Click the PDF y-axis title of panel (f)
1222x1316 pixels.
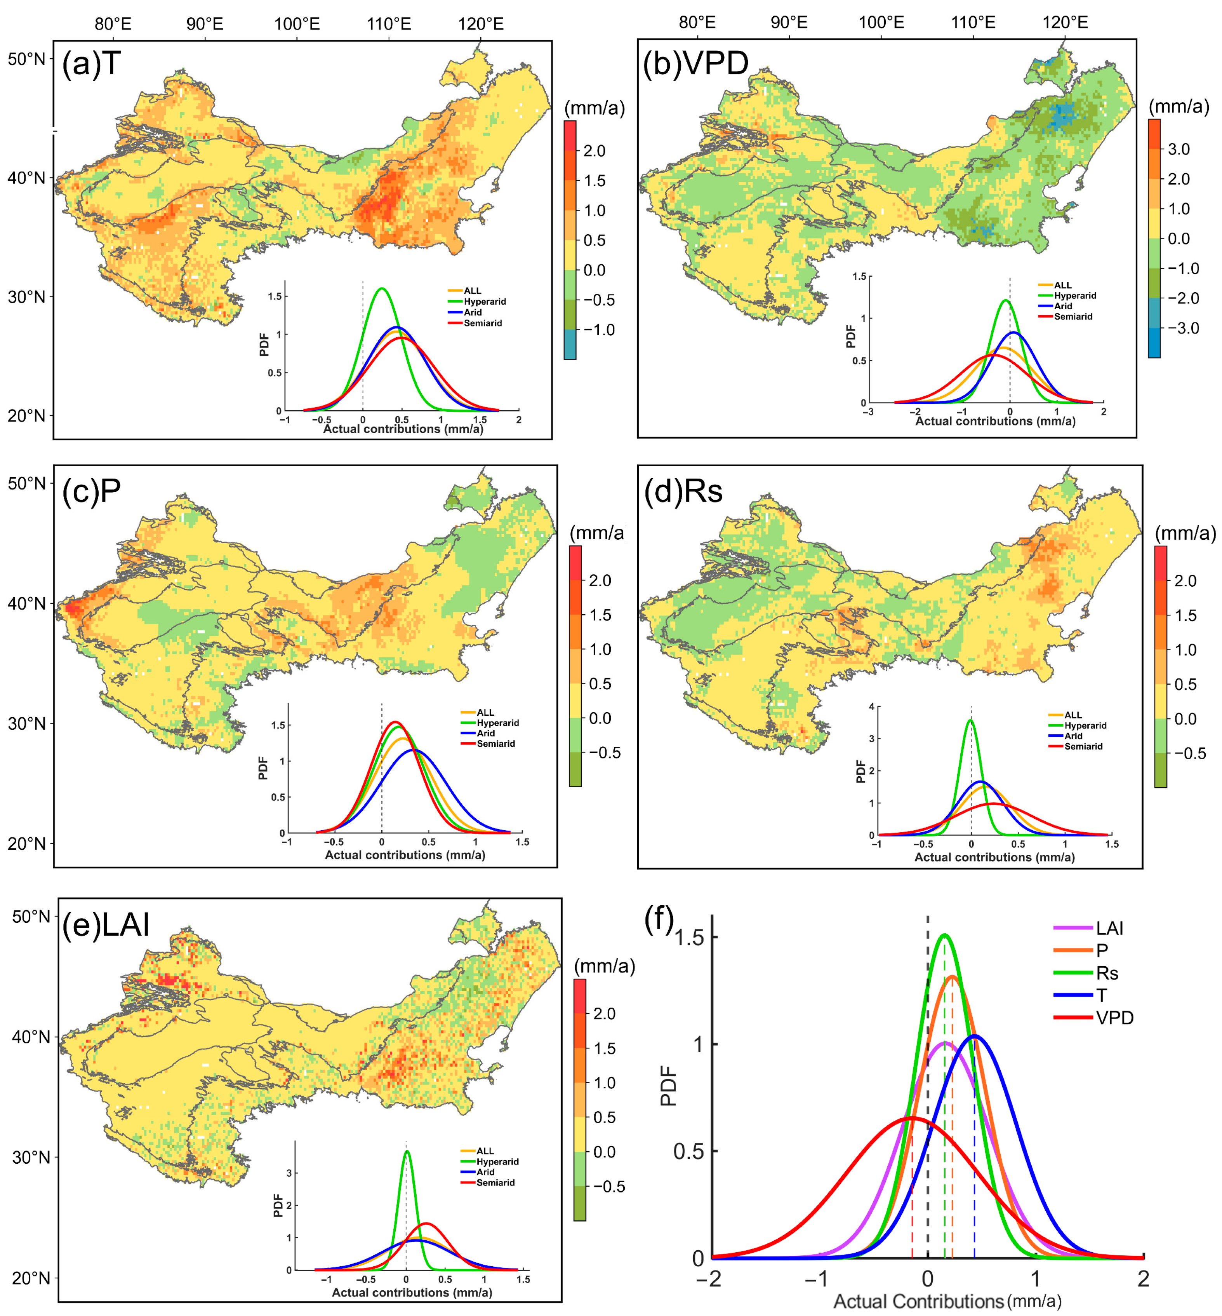[669, 1086]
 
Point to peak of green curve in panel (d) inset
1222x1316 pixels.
[971, 720]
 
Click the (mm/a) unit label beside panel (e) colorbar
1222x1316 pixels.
[604, 966]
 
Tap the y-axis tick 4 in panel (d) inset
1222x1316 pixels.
[871, 707]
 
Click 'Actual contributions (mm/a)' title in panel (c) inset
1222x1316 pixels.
[405, 855]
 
